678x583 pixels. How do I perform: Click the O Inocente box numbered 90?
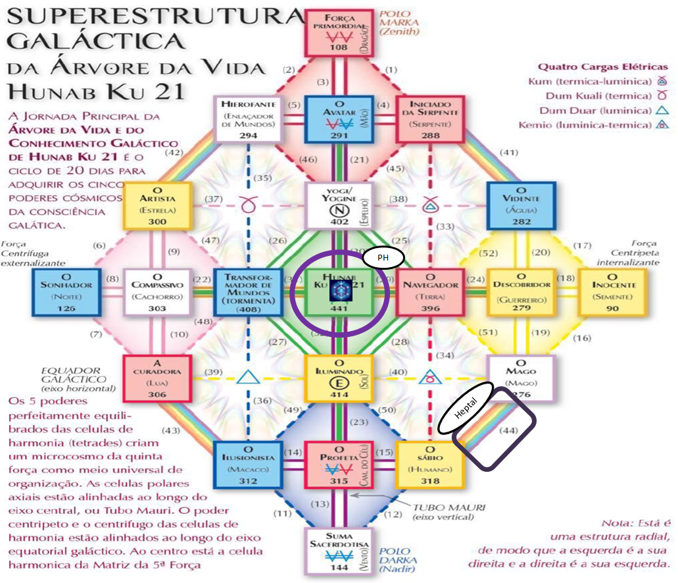coord(613,291)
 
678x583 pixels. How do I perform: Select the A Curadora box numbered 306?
coord(157,377)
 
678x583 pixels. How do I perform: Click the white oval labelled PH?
coord(382,258)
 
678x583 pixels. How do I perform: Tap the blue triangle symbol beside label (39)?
coord(248,378)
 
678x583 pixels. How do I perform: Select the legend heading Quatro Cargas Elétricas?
coord(602,66)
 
